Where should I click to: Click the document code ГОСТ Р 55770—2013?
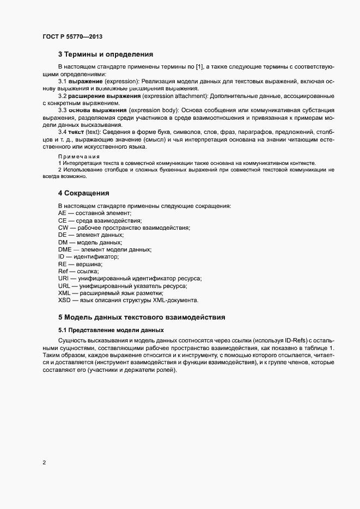click(72, 36)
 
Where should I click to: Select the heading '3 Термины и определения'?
click(106, 54)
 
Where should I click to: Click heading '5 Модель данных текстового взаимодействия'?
click(142, 317)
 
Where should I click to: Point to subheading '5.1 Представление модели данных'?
click(111, 330)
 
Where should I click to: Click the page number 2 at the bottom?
click(44, 463)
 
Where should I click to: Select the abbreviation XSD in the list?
click(64, 300)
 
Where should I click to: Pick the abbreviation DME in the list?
click(65, 249)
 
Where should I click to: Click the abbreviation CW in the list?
click(63, 228)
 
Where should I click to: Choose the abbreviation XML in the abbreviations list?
click(64, 293)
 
